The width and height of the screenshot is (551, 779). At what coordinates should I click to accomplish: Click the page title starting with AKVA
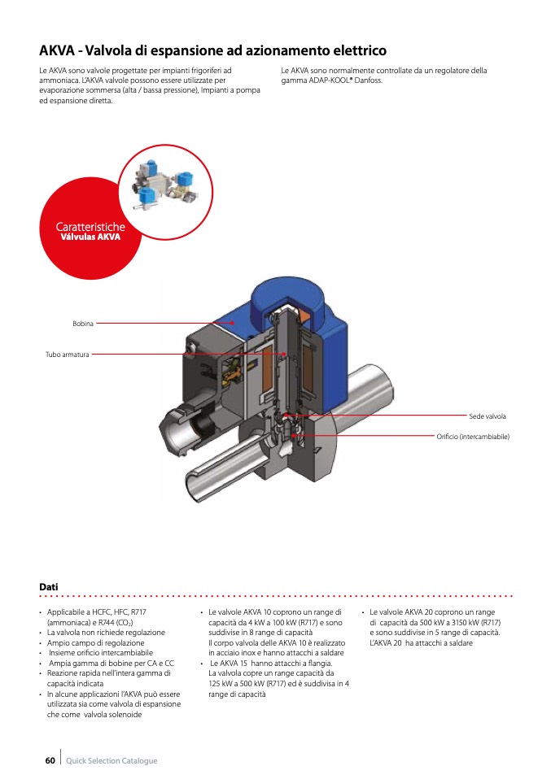(x=212, y=50)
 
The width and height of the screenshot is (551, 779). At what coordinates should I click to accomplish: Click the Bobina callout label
(x=83, y=324)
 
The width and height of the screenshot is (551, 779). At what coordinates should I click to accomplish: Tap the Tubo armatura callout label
(x=68, y=355)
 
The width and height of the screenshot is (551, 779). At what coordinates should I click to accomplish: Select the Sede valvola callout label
(x=488, y=416)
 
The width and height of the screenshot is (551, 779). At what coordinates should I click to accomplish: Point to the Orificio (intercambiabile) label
(x=473, y=437)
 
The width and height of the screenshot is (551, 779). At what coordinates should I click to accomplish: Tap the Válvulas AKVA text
(x=91, y=237)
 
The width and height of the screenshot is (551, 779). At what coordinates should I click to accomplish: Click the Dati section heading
(x=48, y=586)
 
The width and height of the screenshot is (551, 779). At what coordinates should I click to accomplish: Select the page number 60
(x=50, y=760)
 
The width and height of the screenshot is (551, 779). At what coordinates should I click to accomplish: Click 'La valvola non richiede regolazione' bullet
(x=106, y=632)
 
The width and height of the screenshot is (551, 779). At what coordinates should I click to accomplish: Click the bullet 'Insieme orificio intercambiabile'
(x=100, y=653)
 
